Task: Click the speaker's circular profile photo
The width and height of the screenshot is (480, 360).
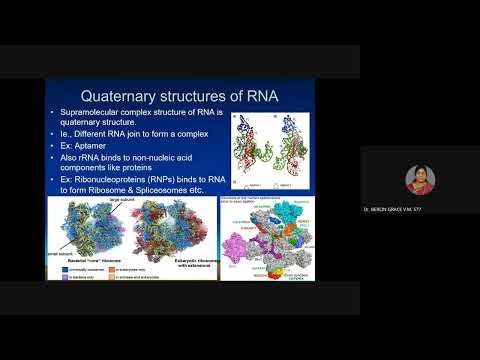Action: (420, 180)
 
